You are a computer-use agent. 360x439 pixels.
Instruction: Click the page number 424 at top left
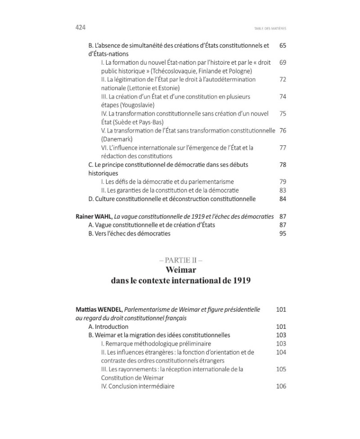(x=81, y=27)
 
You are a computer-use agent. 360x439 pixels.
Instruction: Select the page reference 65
(x=283, y=45)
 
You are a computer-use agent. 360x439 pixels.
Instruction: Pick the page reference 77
(x=283, y=148)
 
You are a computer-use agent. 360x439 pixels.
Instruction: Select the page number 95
(x=283, y=233)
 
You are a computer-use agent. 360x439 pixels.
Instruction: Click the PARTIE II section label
(x=180, y=260)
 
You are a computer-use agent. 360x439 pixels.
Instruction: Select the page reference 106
(x=281, y=386)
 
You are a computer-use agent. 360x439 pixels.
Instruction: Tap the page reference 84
(x=283, y=199)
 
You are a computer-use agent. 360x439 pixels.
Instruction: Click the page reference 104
(x=281, y=352)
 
